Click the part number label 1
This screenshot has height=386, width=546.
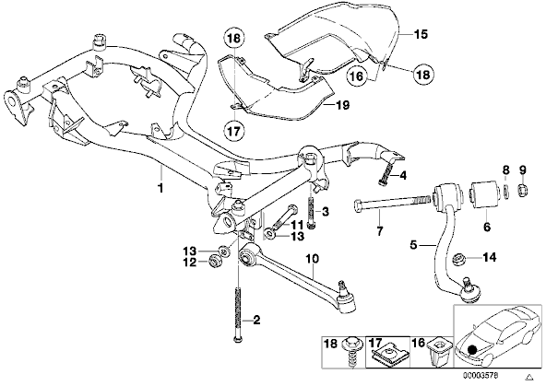(x=160, y=188)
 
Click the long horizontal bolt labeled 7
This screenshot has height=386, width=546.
(x=393, y=205)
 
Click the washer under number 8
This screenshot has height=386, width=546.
(x=506, y=192)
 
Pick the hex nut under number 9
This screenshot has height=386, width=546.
(x=523, y=189)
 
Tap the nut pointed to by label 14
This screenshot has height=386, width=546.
(x=458, y=260)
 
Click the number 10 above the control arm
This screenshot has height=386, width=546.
(x=313, y=259)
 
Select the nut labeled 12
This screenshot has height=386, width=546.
(x=213, y=261)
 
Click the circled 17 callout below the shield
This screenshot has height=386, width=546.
(x=234, y=131)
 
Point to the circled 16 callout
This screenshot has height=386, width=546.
(x=357, y=76)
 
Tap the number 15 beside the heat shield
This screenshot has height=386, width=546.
(x=421, y=34)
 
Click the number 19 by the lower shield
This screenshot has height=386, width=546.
(x=343, y=105)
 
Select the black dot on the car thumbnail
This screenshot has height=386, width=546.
(x=472, y=350)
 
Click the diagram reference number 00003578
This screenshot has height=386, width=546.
(x=481, y=376)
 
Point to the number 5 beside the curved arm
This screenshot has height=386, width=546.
(x=414, y=245)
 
